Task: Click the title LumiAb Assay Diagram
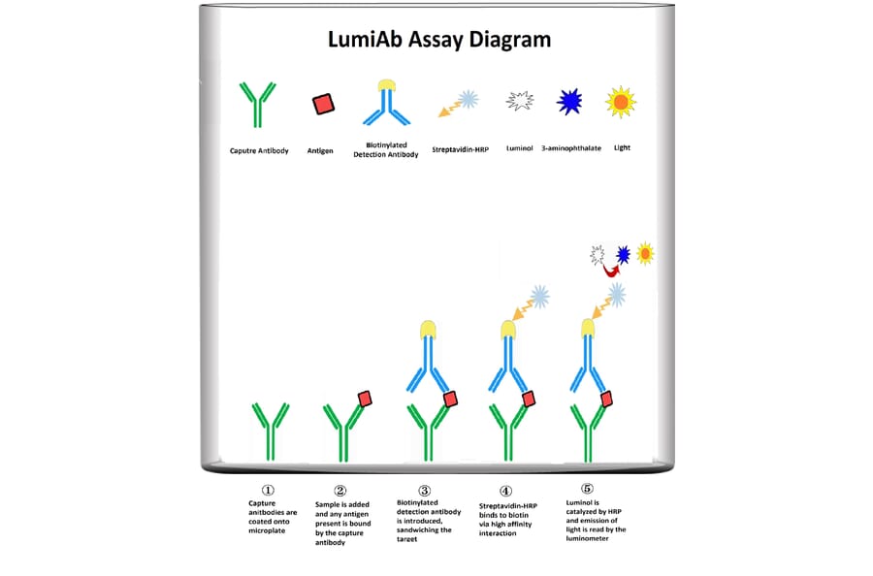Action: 437,41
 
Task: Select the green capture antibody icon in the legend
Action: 257,104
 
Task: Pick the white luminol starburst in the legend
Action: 521,101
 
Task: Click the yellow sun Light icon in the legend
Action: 620,101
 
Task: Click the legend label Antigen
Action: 321,150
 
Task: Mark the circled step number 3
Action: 424,491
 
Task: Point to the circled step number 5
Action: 586,489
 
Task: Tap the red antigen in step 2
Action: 364,399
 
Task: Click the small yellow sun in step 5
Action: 644,253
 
